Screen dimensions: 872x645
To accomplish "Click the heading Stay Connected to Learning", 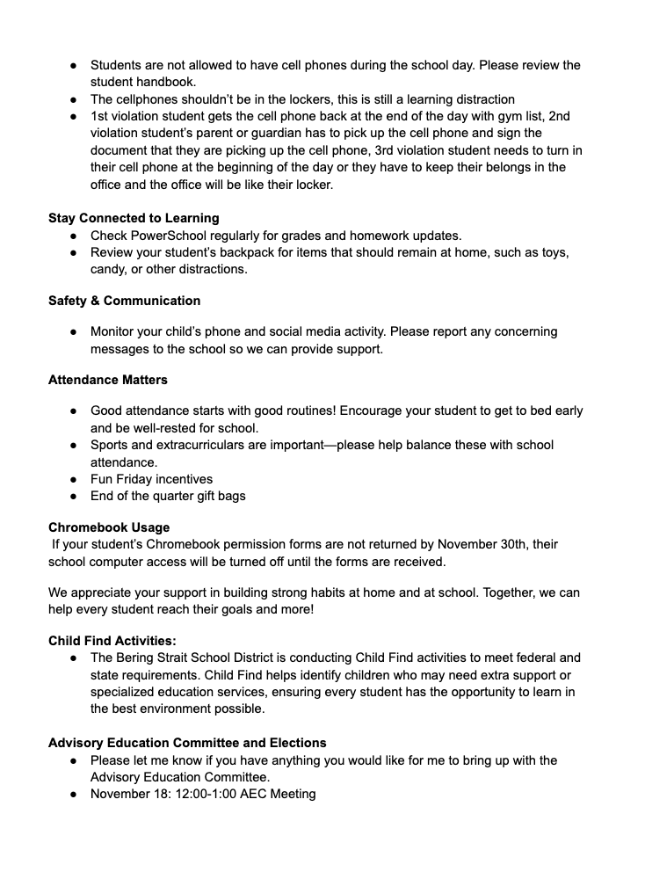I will click(x=134, y=218).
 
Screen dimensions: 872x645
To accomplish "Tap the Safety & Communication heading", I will click(x=124, y=301).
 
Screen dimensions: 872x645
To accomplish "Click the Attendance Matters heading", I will click(x=107, y=380).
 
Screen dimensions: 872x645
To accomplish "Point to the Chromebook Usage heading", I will click(x=109, y=527).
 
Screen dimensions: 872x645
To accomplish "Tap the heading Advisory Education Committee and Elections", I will click(x=187, y=743).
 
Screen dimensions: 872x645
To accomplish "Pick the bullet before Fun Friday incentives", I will click(x=75, y=479).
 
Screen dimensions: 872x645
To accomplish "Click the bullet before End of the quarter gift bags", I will click(x=75, y=496).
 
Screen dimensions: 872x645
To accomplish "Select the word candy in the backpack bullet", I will click(x=109, y=269).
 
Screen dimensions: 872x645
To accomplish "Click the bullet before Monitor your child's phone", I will click(x=75, y=331).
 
